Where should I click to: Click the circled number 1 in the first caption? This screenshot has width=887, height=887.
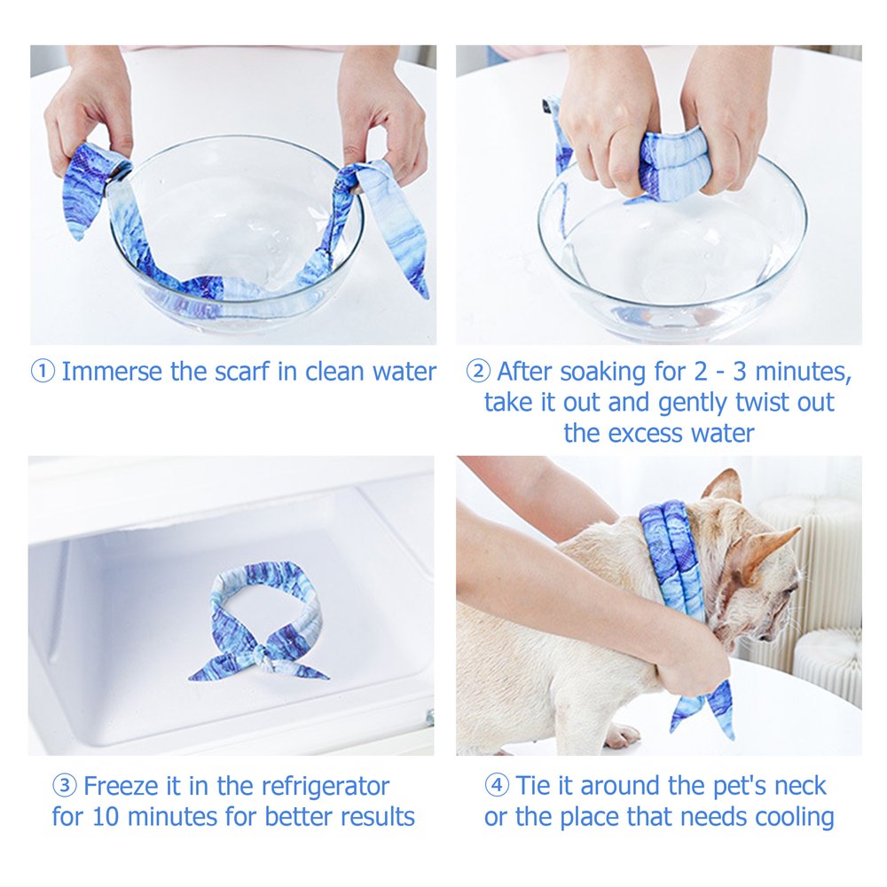43,373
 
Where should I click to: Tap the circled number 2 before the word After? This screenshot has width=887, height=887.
479,373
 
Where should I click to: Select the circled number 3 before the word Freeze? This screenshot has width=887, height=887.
65,786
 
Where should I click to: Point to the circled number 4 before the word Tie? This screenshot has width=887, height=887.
497,786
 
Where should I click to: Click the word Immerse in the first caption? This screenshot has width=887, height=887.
112,372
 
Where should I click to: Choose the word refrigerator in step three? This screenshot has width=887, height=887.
326,787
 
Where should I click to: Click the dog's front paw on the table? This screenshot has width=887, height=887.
624,735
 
